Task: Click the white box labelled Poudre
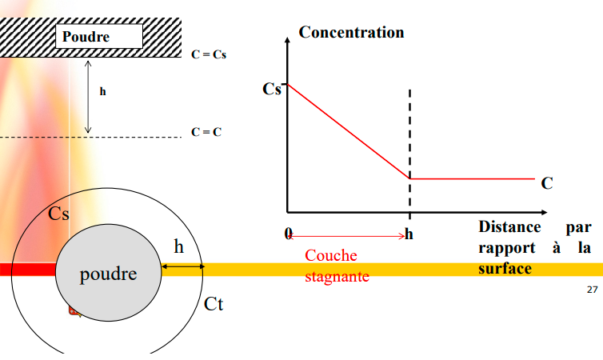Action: pyautogui.click(x=98, y=37)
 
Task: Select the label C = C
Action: pyautogui.click(x=206, y=131)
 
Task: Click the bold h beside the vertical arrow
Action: pyautogui.click(x=102, y=92)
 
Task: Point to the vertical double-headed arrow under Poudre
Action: pyautogui.click(x=88, y=95)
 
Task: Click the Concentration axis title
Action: pyautogui.click(x=351, y=33)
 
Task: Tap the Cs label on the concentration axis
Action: pyautogui.click(x=272, y=89)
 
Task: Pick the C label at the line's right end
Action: pyautogui.click(x=547, y=183)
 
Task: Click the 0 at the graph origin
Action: pyautogui.click(x=289, y=234)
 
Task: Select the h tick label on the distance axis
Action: pyautogui.click(x=409, y=234)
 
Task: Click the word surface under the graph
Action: pyautogui.click(x=505, y=269)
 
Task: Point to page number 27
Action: pyautogui.click(x=592, y=290)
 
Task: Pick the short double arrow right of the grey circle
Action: pyautogui.click(x=182, y=266)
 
